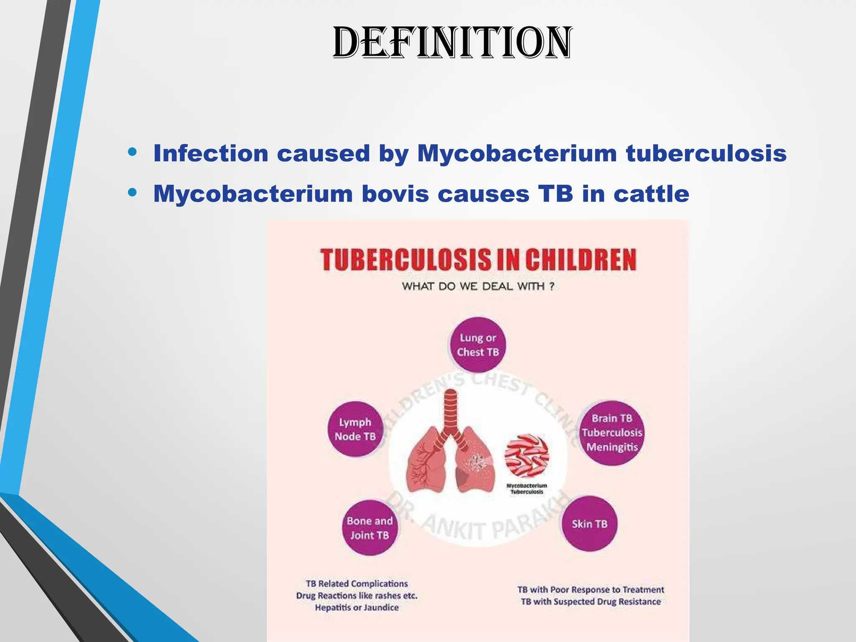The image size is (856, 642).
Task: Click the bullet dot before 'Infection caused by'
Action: [x=132, y=152]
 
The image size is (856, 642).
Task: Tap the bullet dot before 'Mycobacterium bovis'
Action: [x=132, y=193]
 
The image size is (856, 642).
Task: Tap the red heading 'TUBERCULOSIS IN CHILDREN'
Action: [x=478, y=260]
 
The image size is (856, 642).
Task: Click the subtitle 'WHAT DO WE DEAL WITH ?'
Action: [x=478, y=287]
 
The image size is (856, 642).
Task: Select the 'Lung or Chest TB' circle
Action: [x=478, y=345]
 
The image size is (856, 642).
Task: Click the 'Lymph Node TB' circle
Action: [x=355, y=429]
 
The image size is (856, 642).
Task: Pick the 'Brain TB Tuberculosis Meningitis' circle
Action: [x=612, y=433]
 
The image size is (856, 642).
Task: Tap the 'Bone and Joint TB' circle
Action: [x=369, y=528]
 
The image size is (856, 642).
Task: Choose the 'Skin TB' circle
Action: [x=589, y=524]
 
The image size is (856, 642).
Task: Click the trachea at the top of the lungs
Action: [x=451, y=412]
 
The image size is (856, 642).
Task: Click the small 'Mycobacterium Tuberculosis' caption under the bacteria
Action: [x=527, y=489]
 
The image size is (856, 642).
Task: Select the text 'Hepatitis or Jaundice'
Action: [x=357, y=608]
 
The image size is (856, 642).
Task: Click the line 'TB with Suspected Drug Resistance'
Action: [x=591, y=602]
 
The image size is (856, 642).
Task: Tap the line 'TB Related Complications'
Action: [x=357, y=584]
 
